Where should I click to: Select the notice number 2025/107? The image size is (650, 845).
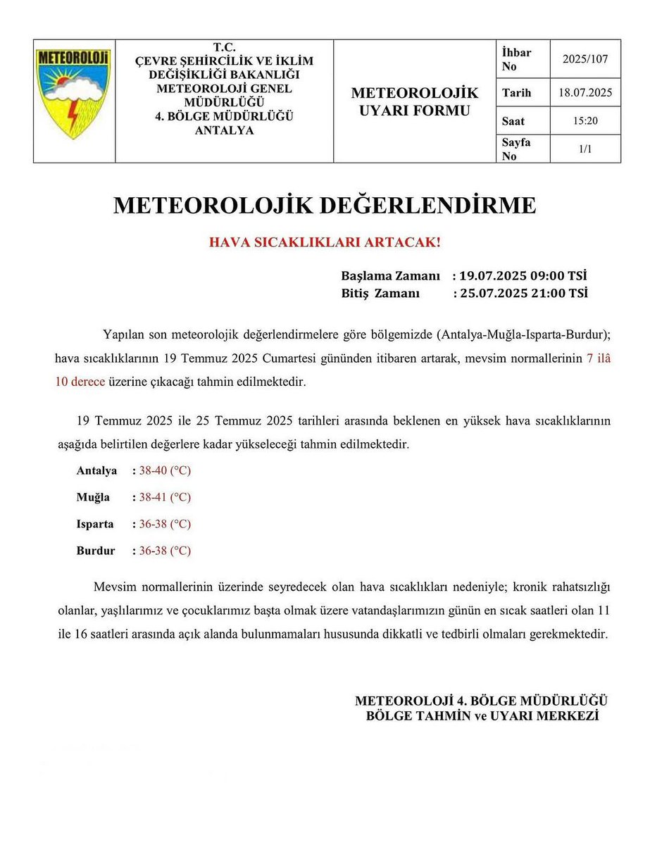coord(585,59)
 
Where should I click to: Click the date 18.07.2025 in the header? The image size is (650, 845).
coord(585,93)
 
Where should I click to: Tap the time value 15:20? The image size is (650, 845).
coord(585,121)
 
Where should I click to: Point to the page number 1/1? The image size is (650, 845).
coord(585,149)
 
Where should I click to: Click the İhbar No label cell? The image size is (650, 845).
coord(517,59)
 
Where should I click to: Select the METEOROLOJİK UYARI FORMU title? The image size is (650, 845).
coord(414,101)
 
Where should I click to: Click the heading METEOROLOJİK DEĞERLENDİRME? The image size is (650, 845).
coord(325,206)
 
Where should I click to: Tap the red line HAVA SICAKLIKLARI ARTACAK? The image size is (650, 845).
coord(325,242)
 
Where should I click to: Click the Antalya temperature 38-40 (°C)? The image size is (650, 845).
coord(165,470)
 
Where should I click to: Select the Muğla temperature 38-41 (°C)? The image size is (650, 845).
coord(165,497)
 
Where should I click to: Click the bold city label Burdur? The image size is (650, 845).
coord(96,551)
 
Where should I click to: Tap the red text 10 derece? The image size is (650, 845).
coord(80,382)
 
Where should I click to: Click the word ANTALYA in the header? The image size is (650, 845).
coord(224,130)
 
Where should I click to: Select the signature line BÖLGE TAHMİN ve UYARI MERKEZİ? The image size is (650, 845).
coord(482,715)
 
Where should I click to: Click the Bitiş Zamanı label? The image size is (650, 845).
coord(380,292)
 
